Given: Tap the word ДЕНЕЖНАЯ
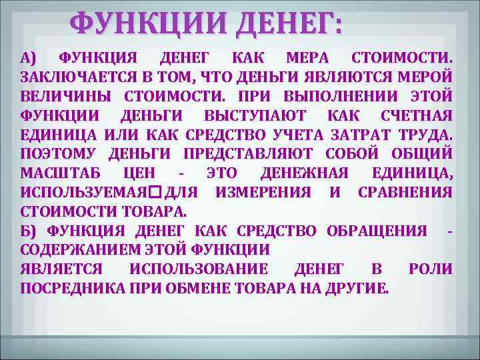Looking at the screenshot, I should click(305, 174).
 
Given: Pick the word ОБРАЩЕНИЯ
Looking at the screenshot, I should click(377, 231).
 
